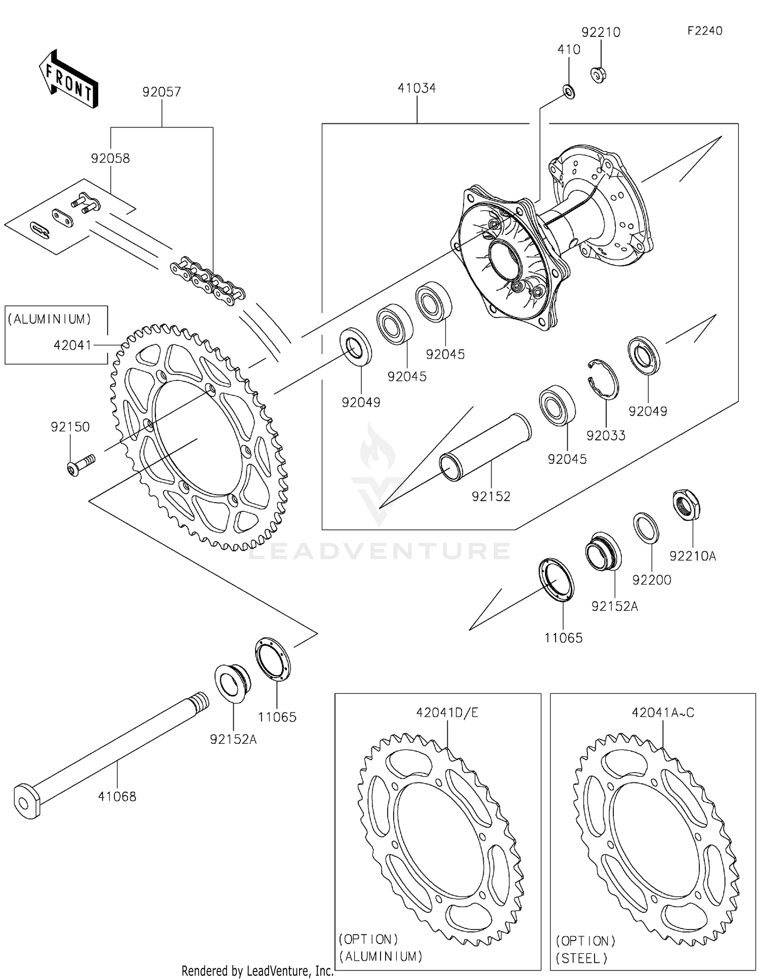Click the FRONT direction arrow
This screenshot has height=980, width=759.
[x=68, y=79]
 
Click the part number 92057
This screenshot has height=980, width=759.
[x=161, y=92]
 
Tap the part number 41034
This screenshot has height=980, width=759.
[x=416, y=88]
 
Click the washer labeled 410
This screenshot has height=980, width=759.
[x=569, y=93]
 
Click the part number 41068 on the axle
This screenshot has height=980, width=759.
[x=117, y=796]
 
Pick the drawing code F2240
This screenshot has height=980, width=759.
[x=704, y=31]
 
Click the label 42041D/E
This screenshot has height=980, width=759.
[x=447, y=712]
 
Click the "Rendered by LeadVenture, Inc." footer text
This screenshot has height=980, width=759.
[x=257, y=971]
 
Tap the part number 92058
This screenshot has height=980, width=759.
[x=110, y=158]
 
